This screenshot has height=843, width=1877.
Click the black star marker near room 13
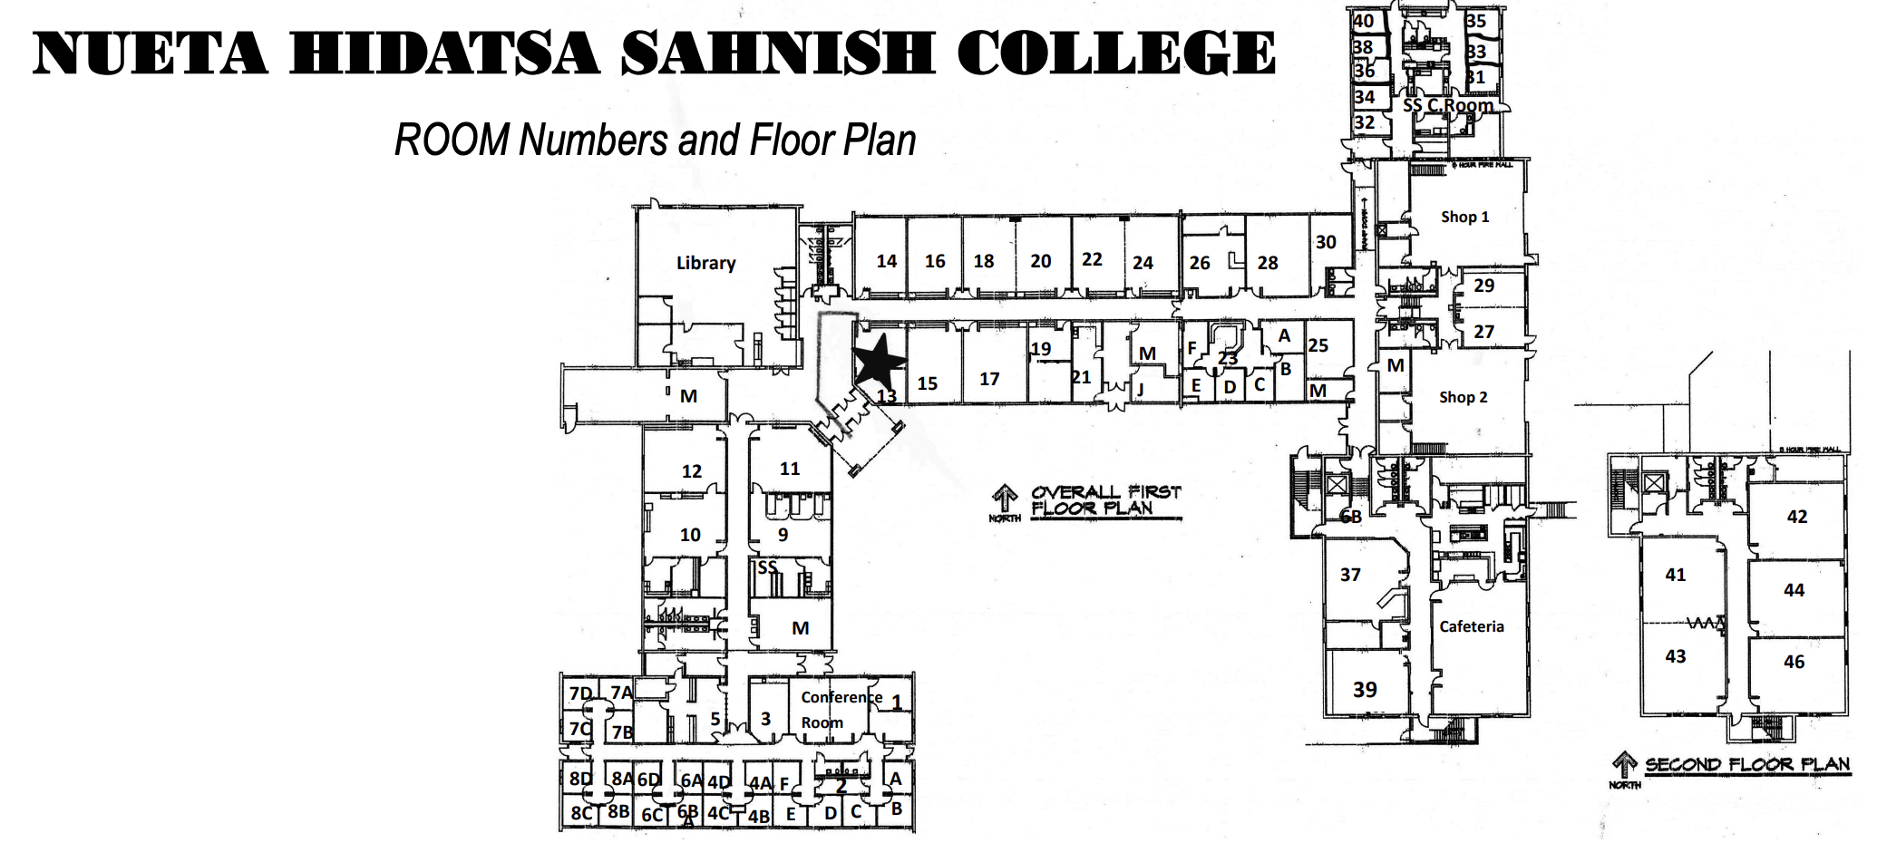(878, 360)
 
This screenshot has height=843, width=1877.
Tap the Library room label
(705, 263)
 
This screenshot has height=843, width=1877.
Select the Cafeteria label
(1471, 626)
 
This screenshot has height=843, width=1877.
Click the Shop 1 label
(1464, 217)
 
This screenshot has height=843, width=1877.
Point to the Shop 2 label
(1463, 397)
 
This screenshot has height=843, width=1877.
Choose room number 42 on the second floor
(1796, 517)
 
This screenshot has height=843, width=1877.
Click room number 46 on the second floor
(1794, 662)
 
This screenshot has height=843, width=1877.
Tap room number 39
(1365, 690)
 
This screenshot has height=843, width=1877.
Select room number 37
(1350, 575)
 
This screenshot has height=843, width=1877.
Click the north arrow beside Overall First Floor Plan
(1005, 499)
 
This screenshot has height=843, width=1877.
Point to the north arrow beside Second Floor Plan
(1624, 766)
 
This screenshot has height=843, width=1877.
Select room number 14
(886, 261)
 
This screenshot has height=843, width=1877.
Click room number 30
(1326, 242)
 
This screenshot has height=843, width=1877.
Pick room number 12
(692, 471)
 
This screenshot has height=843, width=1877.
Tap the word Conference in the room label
(841, 697)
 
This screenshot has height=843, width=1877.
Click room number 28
(1268, 263)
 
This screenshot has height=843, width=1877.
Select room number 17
(989, 379)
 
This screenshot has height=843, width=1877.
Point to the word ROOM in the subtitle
(452, 140)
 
